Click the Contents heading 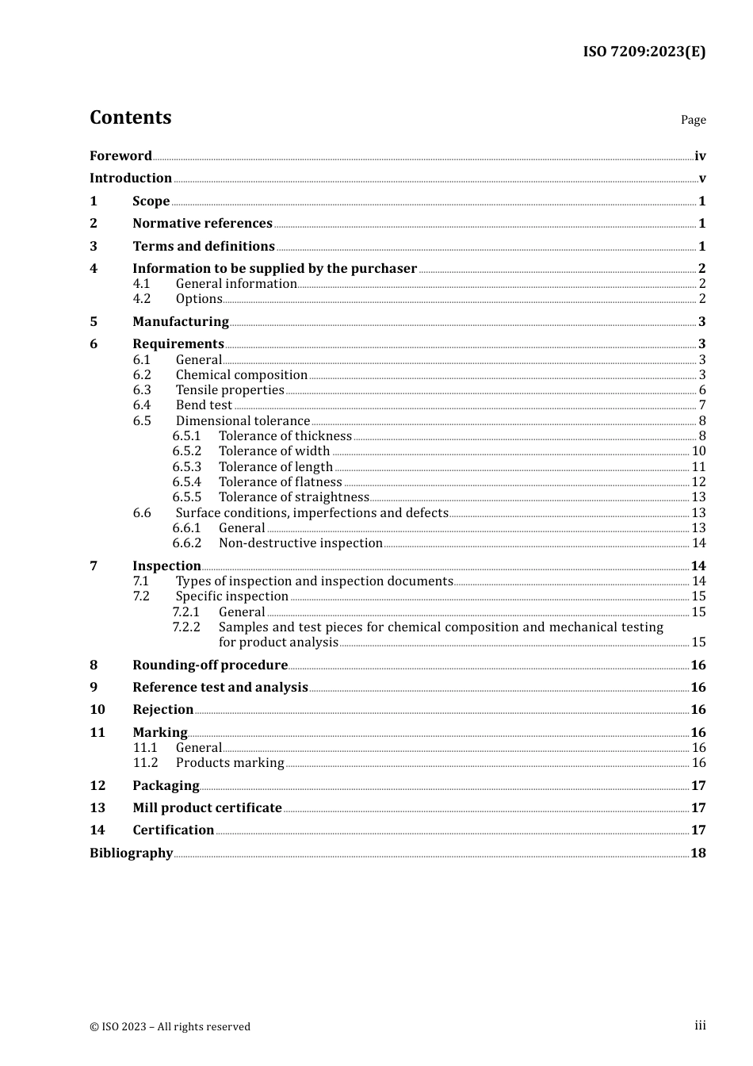click(x=130, y=117)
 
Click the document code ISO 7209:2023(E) click(x=644, y=52)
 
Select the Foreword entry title click(x=120, y=155)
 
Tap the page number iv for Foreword click(x=699, y=156)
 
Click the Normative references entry click(x=202, y=224)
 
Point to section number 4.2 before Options click(x=142, y=299)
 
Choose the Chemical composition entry click(x=241, y=375)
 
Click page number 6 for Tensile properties click(x=701, y=390)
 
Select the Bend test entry click(x=204, y=405)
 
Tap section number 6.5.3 click(x=187, y=467)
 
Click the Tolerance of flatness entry click(x=280, y=482)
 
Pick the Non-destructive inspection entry click(x=300, y=543)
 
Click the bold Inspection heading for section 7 click(x=166, y=566)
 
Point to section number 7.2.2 click(x=187, y=627)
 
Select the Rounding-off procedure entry click(x=210, y=665)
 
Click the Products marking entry click(x=229, y=763)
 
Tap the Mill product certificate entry click(x=207, y=808)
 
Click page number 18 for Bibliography click(x=698, y=853)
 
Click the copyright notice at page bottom click(x=170, y=1026)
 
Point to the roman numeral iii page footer click(x=700, y=1026)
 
